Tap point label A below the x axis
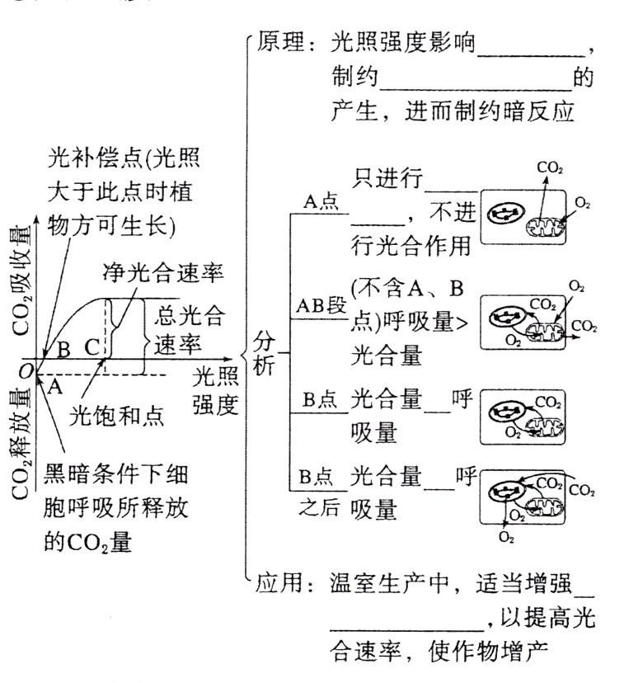(x=54, y=384)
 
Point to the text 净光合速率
(x=163, y=271)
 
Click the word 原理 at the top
(x=279, y=41)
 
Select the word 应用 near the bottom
(x=279, y=582)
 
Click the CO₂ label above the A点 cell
(x=550, y=167)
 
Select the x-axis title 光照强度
(x=215, y=391)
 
